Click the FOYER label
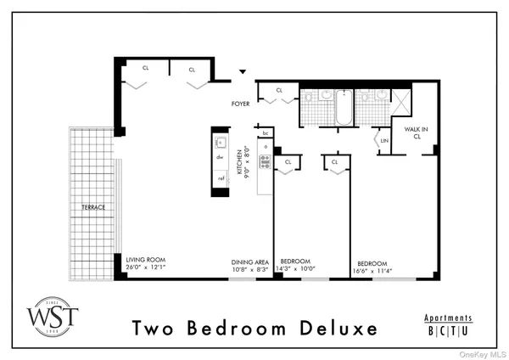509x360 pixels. coord(243,104)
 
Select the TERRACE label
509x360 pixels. coord(93,206)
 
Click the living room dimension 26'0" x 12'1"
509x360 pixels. coord(146,269)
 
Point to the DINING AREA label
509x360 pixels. coord(250,262)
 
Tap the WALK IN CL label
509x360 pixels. coord(416,133)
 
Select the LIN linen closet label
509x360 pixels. coord(384,140)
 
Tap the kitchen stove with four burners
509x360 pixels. coord(265,160)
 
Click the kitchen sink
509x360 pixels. coord(220,143)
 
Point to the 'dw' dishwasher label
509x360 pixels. coord(220,157)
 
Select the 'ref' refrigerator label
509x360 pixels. coord(221,178)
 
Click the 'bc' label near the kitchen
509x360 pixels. coord(266,133)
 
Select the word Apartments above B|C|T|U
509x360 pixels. coord(448,318)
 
